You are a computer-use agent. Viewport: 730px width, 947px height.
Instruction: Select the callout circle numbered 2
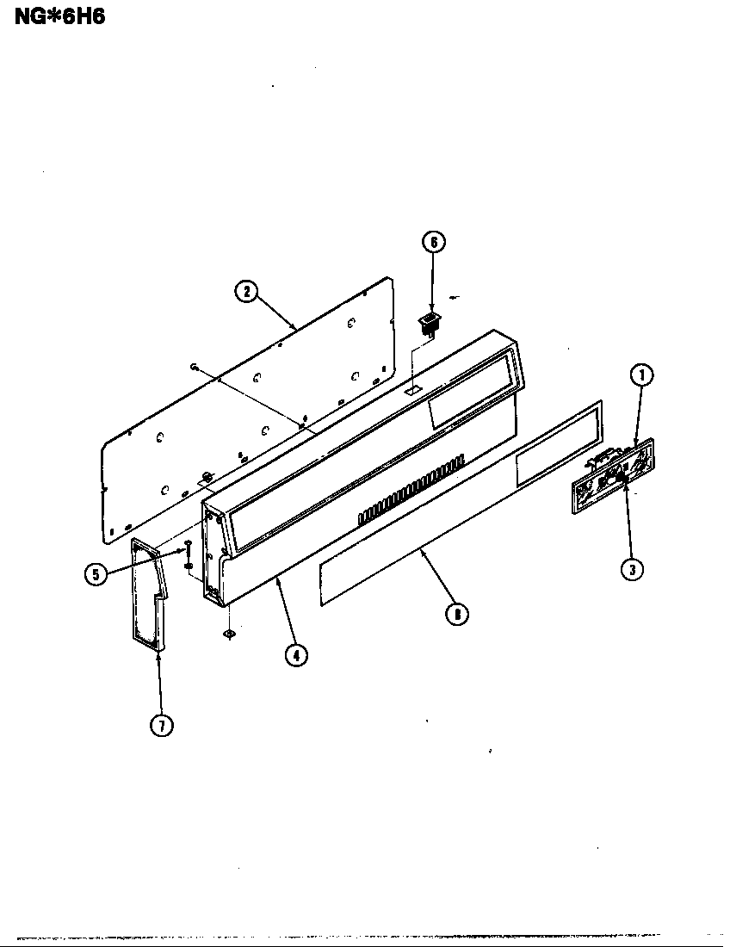[246, 291]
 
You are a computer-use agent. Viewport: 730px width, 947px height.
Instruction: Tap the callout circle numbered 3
[633, 569]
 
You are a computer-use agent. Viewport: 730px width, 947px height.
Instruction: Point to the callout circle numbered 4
[295, 654]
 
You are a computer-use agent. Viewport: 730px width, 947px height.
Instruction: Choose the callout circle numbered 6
[434, 242]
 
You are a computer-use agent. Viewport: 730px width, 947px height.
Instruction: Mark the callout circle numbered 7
[161, 726]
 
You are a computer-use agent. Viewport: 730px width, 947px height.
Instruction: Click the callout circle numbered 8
[456, 614]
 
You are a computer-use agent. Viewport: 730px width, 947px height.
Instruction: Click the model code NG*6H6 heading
[59, 16]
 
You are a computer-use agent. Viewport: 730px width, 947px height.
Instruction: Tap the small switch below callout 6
[427, 323]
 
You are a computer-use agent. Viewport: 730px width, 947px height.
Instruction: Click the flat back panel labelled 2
[250, 405]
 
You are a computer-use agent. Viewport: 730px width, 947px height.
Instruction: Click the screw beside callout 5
[187, 549]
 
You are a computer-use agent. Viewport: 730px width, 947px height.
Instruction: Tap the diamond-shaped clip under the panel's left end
[229, 634]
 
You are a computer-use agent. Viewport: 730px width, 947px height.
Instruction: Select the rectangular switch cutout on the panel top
[412, 390]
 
